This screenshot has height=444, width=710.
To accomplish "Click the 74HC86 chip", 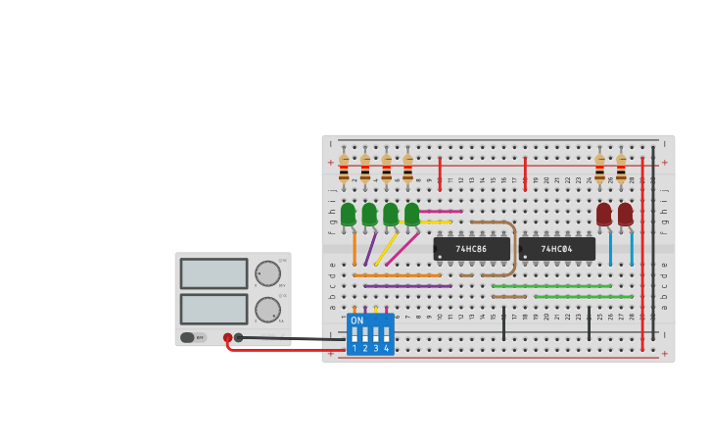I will (471, 249).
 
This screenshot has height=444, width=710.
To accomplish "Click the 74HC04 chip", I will (556, 249).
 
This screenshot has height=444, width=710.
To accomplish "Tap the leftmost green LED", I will (349, 214).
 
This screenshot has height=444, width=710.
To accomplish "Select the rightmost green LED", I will (412, 214).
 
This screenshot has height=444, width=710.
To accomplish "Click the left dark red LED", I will (604, 214).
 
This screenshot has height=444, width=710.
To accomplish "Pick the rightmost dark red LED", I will (625, 214).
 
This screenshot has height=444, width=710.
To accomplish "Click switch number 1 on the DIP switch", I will (355, 335).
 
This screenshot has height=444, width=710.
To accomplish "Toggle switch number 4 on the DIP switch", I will (386, 335).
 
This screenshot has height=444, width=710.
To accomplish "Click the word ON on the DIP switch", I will (356, 321).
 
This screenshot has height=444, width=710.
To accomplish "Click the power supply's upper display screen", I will (213, 273).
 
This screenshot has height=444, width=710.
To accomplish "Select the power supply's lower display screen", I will (213, 309).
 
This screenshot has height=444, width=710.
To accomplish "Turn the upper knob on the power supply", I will (267, 273).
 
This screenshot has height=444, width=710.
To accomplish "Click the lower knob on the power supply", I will (267, 310).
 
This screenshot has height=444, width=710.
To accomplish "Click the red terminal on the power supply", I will (227, 337).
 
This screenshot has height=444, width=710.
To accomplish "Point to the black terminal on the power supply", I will (238, 337).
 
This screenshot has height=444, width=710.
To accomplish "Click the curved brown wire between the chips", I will (513, 245).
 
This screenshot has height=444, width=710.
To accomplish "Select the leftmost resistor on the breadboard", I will (344, 168).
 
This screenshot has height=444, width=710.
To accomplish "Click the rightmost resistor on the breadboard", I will (621, 168).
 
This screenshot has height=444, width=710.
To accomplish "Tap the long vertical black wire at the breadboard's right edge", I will (653, 245).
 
